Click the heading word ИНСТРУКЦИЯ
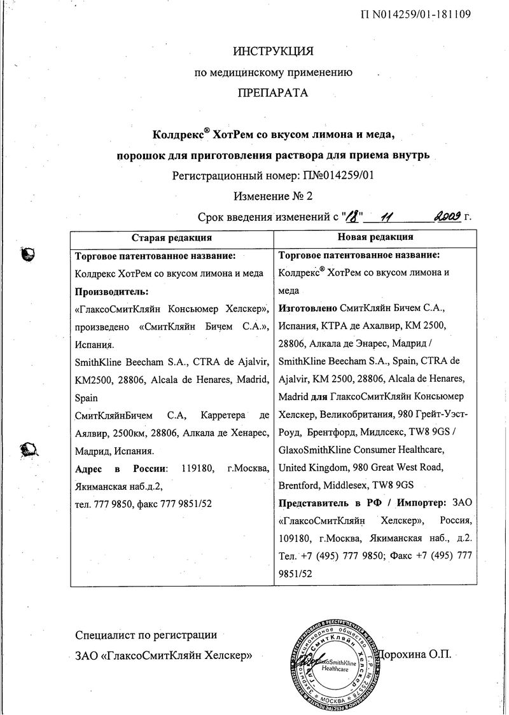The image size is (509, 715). coord(273,50)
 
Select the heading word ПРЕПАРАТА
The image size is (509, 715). coord(273,93)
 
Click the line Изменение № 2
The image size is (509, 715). coord(273,196)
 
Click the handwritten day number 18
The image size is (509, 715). coord(352,216)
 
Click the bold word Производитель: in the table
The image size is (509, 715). coord(112,291)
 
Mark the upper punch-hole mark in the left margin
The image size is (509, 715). coord(28,254)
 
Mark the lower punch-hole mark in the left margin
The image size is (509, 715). coord(29,450)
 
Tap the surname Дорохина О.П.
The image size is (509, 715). coord(414,654)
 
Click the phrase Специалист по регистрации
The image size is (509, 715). coord(146,635)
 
